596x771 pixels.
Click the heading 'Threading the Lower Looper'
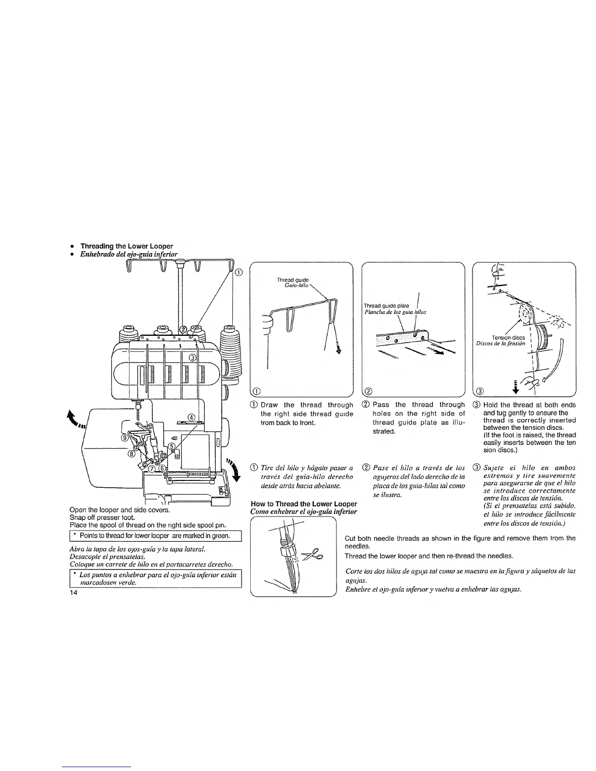126,246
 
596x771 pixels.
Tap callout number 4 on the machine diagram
192,417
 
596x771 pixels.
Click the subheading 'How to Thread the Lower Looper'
303,503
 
